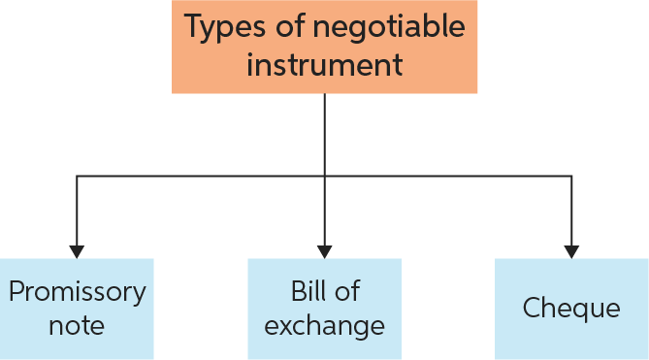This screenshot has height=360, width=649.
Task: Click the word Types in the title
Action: tap(221, 29)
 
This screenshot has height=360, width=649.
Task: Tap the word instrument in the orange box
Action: tap(324, 66)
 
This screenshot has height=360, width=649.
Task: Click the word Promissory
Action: tap(77, 291)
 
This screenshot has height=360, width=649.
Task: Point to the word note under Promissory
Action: tap(77, 324)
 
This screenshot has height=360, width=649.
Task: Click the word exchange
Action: tap(324, 324)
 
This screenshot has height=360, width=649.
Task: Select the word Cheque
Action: tap(571, 309)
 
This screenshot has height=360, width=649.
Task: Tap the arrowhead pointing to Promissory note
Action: tap(77, 250)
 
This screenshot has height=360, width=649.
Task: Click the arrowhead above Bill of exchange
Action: tap(324, 250)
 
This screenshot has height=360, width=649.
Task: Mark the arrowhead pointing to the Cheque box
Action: tap(571, 250)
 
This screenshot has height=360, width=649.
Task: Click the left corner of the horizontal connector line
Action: tap(77, 176)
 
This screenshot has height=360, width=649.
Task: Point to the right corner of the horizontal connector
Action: tap(571, 176)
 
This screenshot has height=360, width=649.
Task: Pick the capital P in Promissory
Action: tap(16, 291)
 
